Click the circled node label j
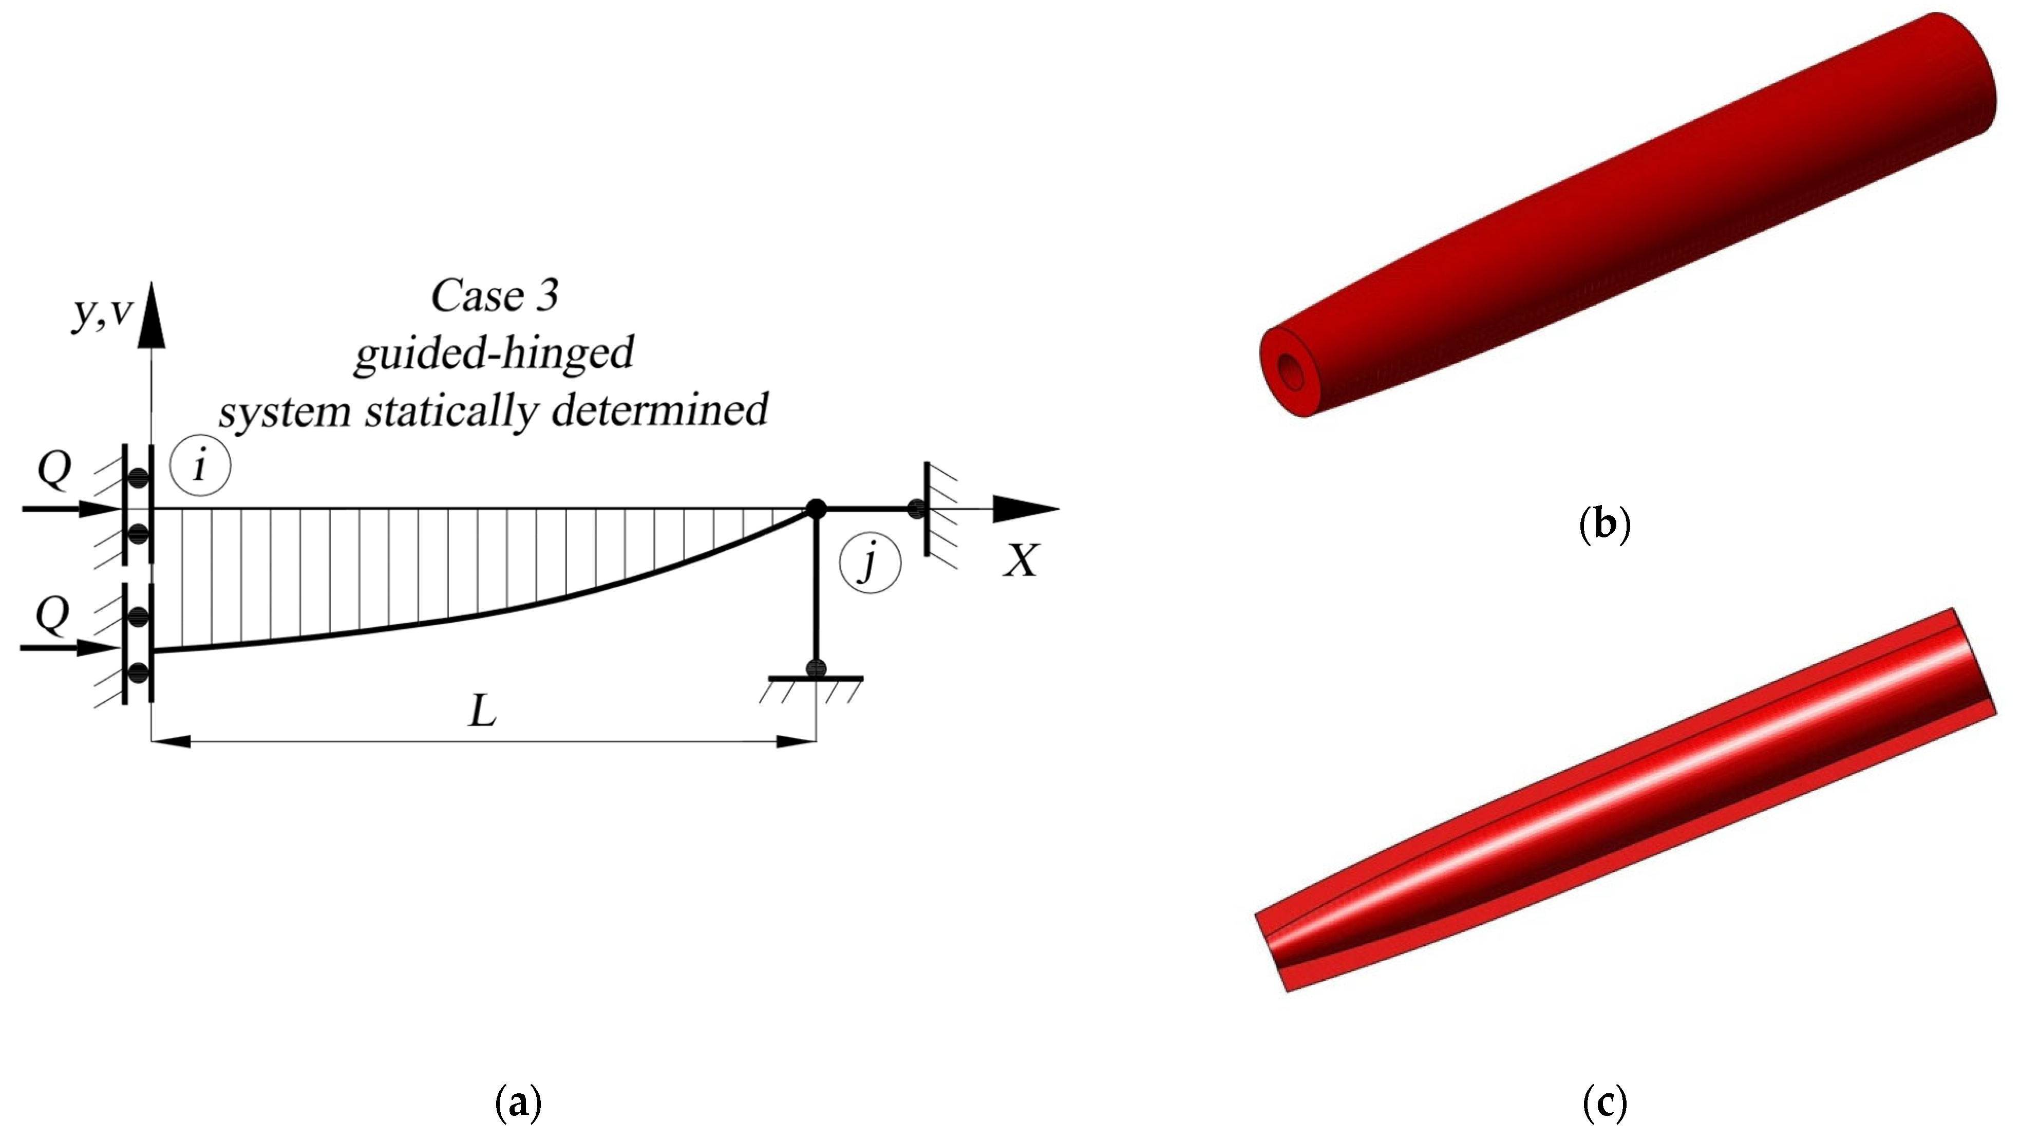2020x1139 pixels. (x=869, y=563)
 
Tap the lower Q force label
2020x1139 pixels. (x=52, y=616)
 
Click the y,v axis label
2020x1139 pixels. (x=102, y=313)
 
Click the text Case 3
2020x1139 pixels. (x=494, y=296)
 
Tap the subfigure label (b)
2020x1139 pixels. (x=1603, y=524)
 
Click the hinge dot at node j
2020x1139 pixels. (x=816, y=508)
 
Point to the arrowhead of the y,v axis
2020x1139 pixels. (x=152, y=318)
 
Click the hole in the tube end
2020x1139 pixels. (x=1290, y=371)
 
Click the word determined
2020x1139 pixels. (x=658, y=410)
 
